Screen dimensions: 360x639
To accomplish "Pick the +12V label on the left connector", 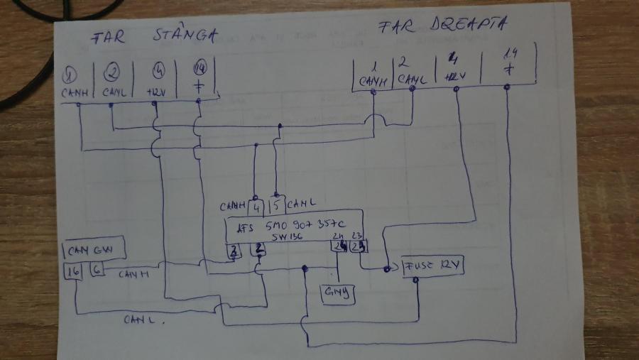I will pos(157,91).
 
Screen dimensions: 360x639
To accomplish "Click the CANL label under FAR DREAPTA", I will pos(413,80).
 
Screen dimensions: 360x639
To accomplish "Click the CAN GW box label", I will pos(96,250).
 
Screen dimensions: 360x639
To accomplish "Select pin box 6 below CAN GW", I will pos(98,270).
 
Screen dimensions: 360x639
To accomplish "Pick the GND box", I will pos(338,292).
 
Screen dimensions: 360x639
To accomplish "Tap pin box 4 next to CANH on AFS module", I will pos(258,207).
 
